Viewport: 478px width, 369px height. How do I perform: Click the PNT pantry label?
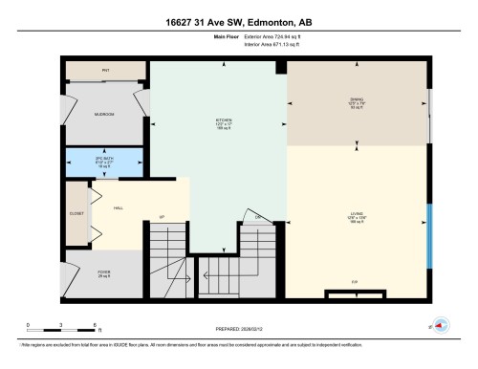[x=105, y=71]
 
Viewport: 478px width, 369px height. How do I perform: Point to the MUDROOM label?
[x=104, y=115]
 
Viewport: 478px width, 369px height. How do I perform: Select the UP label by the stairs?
[x=163, y=218]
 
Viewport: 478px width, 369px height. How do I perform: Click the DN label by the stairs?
[x=257, y=218]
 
